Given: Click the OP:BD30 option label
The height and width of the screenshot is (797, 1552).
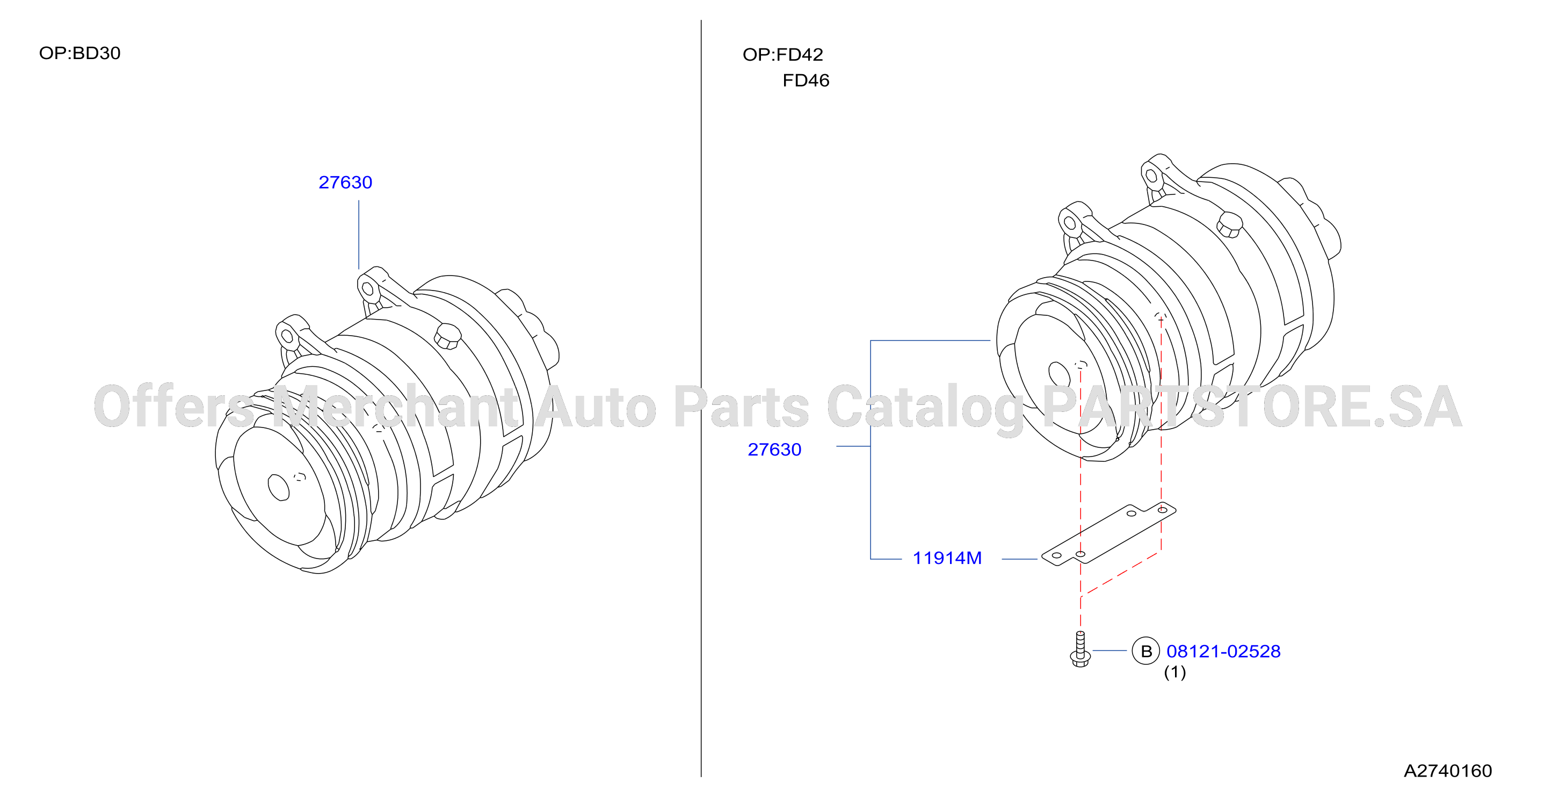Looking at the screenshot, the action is tap(79, 53).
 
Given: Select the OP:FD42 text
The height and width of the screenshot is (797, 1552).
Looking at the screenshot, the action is tap(782, 55).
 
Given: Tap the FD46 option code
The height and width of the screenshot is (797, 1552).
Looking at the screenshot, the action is tap(806, 81).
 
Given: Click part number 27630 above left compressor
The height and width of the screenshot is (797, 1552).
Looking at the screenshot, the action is tap(345, 182).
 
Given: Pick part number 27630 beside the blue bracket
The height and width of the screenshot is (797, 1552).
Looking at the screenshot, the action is tap(774, 450).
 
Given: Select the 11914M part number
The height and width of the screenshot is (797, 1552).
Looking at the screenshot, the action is tap(947, 558).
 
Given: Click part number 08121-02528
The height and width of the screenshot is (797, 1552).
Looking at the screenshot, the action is tap(1223, 651).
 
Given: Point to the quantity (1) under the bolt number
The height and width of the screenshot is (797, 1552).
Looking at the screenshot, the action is tap(1174, 672).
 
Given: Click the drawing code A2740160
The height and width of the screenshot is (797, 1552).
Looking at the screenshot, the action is tap(1448, 771).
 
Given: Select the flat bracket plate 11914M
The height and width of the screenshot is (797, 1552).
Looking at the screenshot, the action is tap(1108, 534).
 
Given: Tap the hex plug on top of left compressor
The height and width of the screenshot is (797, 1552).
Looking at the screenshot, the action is tap(447, 336).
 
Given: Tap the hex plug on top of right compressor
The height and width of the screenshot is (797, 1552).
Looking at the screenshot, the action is tap(1229, 224).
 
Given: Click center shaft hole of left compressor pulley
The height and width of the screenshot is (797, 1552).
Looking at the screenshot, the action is tap(278, 487).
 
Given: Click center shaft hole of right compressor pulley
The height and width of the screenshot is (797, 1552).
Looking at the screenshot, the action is tap(1060, 374).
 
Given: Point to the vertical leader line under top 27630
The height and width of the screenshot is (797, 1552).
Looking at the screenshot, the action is tap(359, 235).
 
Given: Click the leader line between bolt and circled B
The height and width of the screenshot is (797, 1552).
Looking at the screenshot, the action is tap(1109, 650).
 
